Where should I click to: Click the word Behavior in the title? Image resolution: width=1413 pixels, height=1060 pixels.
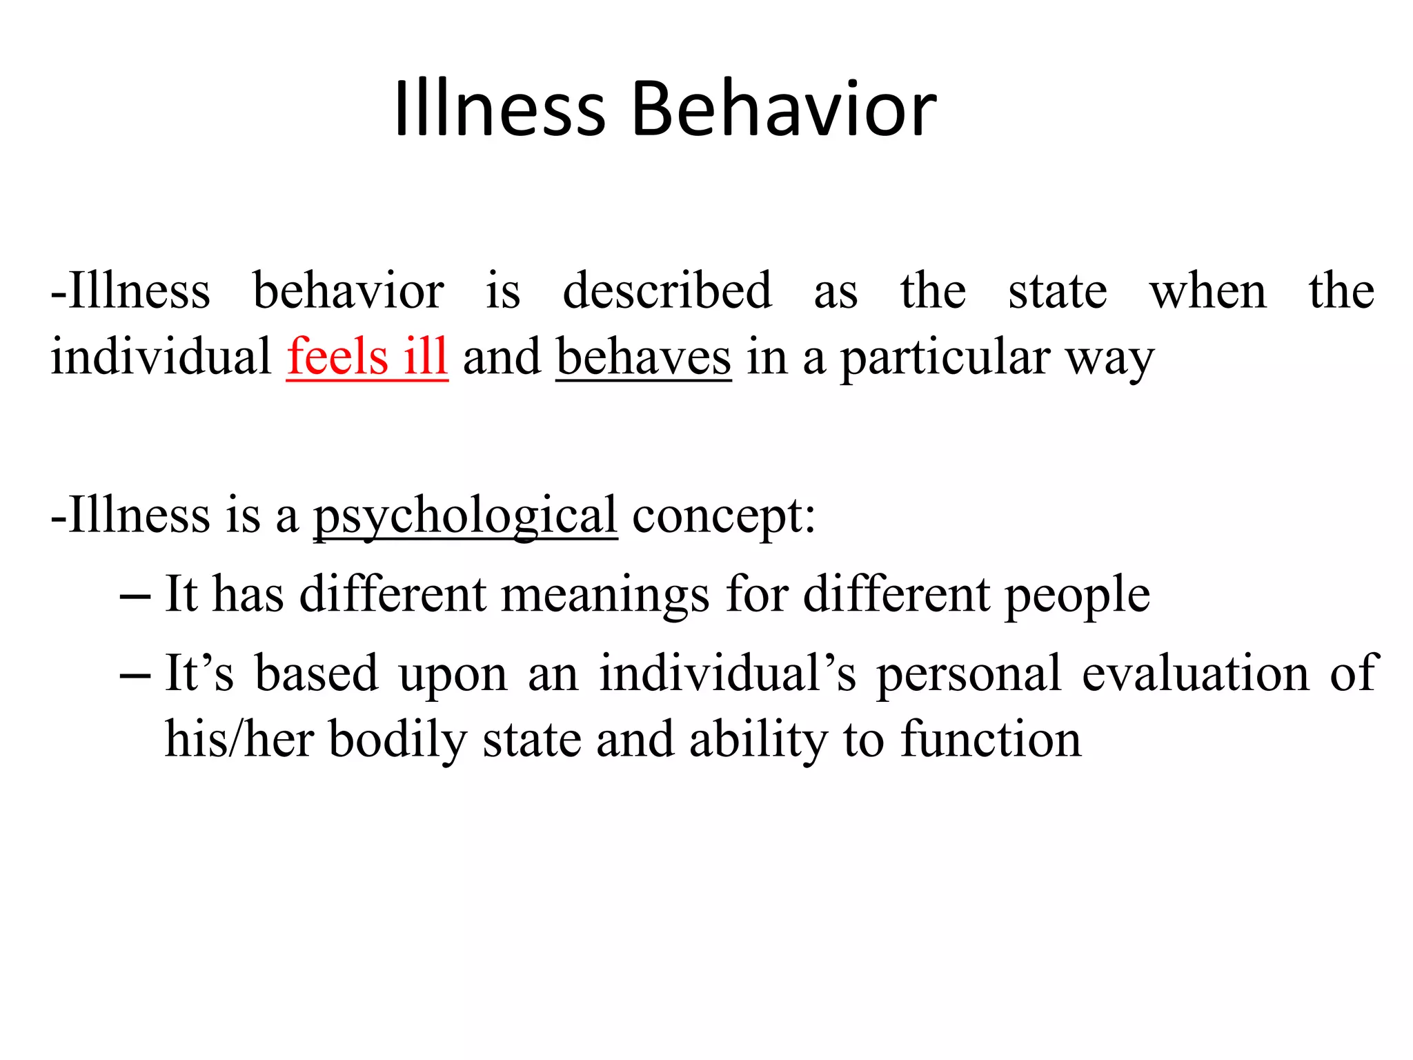(x=784, y=109)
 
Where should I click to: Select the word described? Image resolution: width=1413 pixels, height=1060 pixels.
(x=666, y=291)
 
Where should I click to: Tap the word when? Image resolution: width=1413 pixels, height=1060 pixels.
(x=1207, y=291)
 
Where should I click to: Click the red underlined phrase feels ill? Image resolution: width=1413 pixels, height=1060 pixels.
(x=367, y=357)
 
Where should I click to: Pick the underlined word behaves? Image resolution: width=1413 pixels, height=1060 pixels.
(x=643, y=357)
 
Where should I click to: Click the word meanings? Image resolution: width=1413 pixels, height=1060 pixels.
(x=604, y=595)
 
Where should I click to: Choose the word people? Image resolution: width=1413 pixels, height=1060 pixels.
(x=1076, y=595)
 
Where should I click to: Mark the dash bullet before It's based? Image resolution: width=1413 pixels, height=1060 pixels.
(x=135, y=675)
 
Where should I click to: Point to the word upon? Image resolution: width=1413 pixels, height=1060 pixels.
(x=453, y=675)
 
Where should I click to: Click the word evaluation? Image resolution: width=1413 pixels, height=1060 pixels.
(x=1195, y=674)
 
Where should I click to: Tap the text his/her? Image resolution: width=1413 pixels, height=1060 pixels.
(x=239, y=740)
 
